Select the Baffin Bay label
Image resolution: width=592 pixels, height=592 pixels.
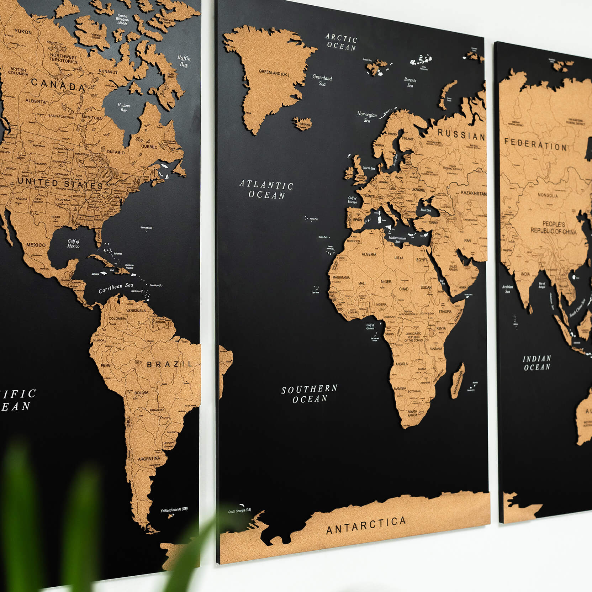(184, 61)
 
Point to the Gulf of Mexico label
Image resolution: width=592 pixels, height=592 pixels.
(74, 244)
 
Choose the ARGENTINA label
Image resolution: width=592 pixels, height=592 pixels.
(149, 459)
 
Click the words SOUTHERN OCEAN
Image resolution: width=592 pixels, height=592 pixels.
(310, 393)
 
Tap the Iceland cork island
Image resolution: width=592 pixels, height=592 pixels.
(302, 122)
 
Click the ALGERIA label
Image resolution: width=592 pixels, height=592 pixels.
(369, 254)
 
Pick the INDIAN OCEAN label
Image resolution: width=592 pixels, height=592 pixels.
(537, 363)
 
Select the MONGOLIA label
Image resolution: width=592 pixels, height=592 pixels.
(548, 195)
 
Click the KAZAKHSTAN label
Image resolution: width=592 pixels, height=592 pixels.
(474, 193)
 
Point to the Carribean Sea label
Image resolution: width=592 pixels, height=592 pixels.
(116, 287)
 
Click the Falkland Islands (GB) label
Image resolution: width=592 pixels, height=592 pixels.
(174, 510)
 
